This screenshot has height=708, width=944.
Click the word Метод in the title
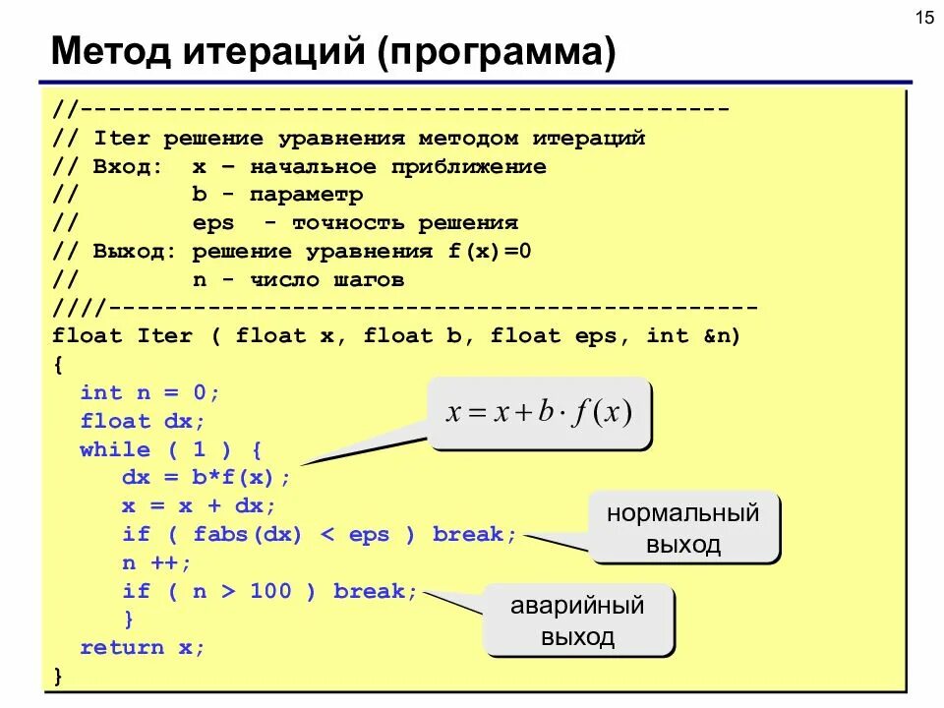110,52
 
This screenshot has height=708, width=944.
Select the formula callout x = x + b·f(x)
539,412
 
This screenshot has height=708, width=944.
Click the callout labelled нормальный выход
683,528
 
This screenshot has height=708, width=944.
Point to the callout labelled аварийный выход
577,620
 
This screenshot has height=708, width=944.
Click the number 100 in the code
271,591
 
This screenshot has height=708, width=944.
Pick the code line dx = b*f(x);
206,478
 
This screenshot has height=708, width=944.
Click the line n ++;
157,562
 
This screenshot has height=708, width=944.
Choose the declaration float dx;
144,421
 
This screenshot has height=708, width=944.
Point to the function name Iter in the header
164,335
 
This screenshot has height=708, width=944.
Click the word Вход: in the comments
128,166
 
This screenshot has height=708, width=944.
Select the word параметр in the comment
306,195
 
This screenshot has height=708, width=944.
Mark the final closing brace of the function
58,676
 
